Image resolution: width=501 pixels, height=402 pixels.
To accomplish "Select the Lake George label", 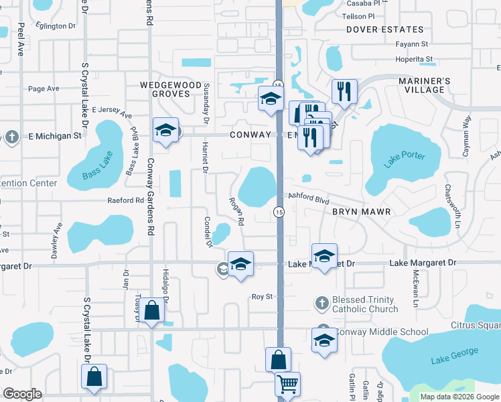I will [x=455, y=355].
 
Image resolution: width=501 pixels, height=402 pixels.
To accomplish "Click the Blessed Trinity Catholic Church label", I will [x=365, y=304].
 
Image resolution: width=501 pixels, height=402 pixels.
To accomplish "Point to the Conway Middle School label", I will [x=380, y=332].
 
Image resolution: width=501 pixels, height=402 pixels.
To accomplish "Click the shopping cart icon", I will [x=288, y=385].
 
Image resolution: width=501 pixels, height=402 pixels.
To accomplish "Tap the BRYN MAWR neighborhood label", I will [x=360, y=212].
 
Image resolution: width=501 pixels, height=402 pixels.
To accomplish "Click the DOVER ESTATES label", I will [x=385, y=29].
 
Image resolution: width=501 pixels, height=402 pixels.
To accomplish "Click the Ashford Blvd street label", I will [x=309, y=198].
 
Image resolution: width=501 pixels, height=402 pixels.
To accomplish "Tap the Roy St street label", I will [x=263, y=296].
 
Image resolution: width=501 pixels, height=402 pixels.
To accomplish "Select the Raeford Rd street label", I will [x=126, y=200].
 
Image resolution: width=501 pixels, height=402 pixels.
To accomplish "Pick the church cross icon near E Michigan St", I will [x=11, y=137].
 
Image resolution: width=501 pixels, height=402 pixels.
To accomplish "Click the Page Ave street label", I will [x=44, y=88].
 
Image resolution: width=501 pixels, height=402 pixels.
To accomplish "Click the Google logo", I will [x=22, y=394].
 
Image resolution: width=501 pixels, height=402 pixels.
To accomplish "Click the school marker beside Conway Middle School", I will [x=324, y=340].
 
